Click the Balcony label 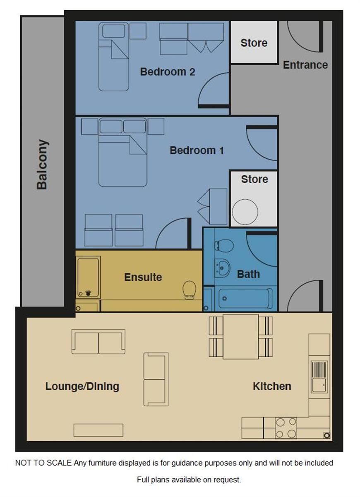(x=42, y=165)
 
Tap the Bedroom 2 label (x=168, y=72)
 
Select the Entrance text (x=305, y=65)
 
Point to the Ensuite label (x=143, y=277)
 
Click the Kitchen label (x=272, y=386)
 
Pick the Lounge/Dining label (x=82, y=387)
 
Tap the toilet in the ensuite (x=189, y=290)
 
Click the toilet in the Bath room (x=224, y=246)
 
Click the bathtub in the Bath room (x=246, y=299)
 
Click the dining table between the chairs (x=241, y=337)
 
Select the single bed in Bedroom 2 (x=114, y=57)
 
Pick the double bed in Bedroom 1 (x=123, y=152)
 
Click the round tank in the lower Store (x=245, y=212)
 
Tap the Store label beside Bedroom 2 (x=254, y=43)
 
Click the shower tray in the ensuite (x=88, y=277)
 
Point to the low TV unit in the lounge (x=98, y=430)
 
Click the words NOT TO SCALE (x=43, y=463)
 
